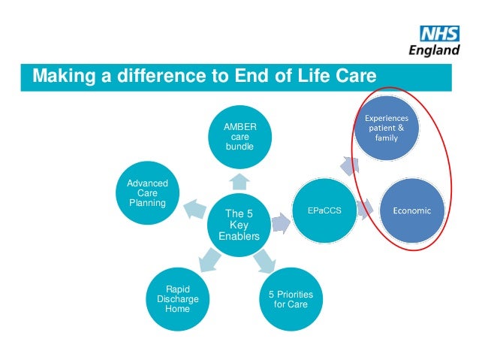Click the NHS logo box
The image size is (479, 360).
click(439, 34)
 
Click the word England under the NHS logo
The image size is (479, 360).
click(434, 51)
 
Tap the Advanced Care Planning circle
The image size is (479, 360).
click(147, 194)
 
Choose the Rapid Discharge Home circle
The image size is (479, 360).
click(177, 298)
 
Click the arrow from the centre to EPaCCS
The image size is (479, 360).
click(282, 222)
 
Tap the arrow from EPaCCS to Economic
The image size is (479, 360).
click(366, 210)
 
